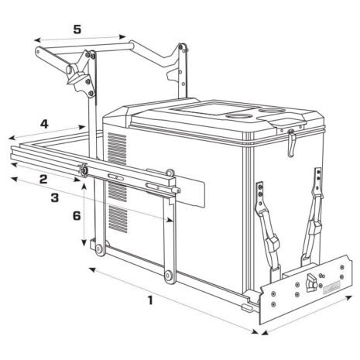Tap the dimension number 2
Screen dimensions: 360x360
pos(43,179)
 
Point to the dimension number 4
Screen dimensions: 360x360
pos(45,123)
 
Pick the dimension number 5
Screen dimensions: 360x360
pos(76,30)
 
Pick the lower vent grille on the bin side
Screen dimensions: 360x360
pos(116,221)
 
